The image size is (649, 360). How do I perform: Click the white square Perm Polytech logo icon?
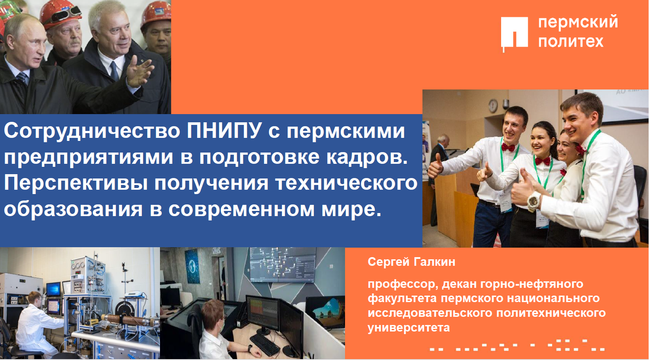(x=514, y=33)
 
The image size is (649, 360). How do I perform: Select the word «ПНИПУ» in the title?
(x=224, y=131)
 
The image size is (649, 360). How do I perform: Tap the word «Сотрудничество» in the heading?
(x=92, y=131)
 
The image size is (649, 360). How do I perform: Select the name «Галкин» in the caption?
(x=434, y=262)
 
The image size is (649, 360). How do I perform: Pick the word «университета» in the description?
(x=409, y=328)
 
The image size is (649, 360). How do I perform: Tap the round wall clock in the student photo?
(x=493, y=106)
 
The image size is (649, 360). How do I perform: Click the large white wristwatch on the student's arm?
(x=534, y=201)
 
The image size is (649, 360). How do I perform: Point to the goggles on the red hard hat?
(x=64, y=15)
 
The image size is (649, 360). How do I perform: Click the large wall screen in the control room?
(x=282, y=265)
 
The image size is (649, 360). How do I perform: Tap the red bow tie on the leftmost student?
(x=508, y=147)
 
